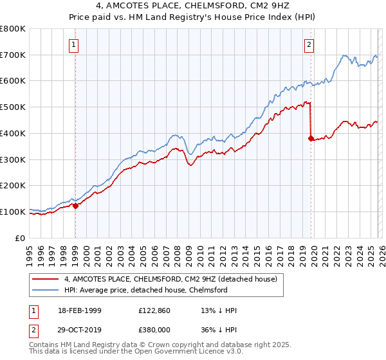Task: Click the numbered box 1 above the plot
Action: point(75,44)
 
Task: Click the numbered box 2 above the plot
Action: point(309,44)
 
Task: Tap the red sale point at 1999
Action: point(75,206)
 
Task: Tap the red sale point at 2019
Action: point(311,138)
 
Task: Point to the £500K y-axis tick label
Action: point(13,107)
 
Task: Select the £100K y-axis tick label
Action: point(13,212)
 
